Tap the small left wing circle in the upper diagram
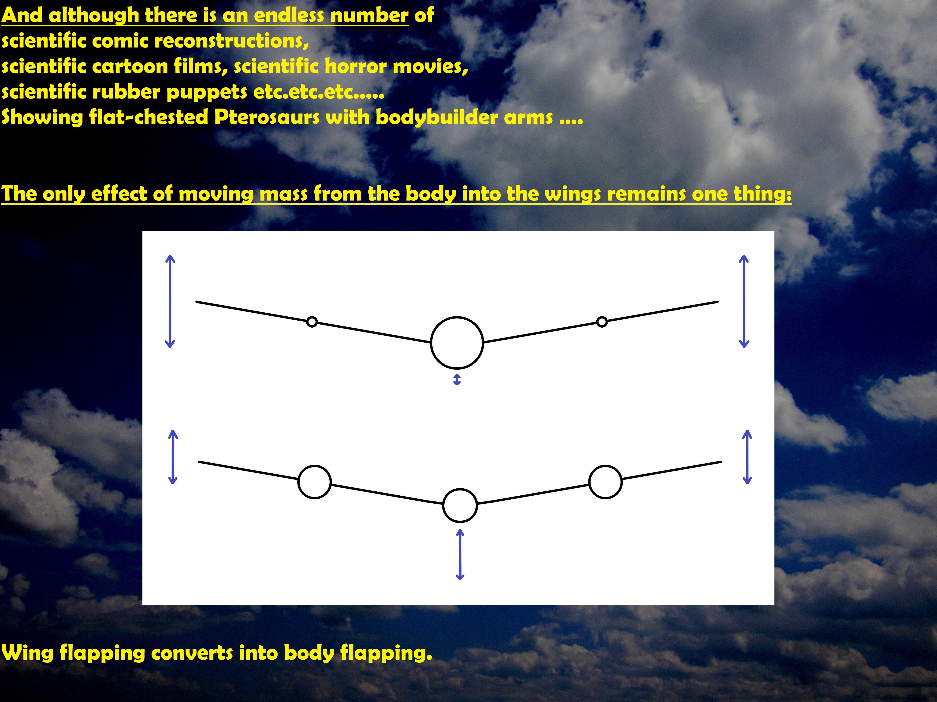click(312, 317)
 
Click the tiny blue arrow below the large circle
click(457, 380)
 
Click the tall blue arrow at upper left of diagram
click(170, 301)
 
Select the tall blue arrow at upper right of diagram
click(744, 301)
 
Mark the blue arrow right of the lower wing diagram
click(747, 457)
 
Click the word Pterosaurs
click(267, 117)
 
